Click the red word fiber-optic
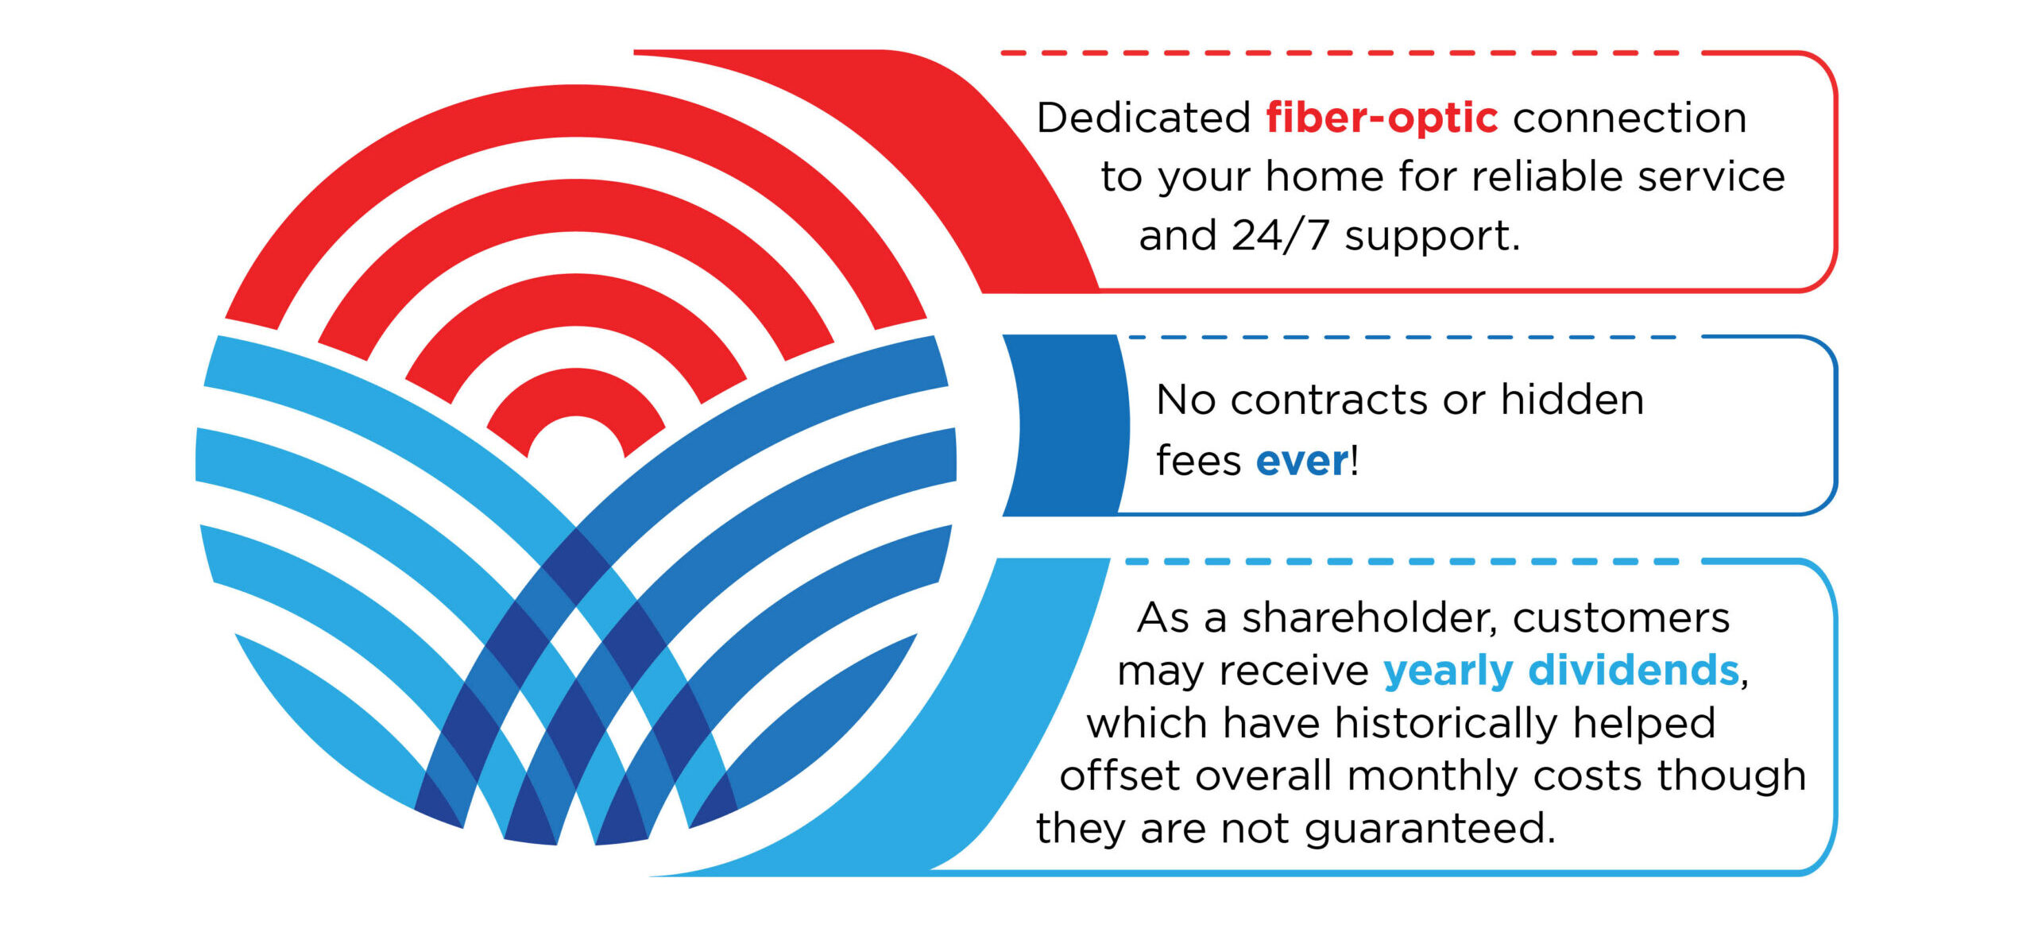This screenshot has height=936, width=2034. [1382, 118]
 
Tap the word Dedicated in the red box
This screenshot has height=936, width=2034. [1144, 118]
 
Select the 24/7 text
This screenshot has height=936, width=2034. [1280, 235]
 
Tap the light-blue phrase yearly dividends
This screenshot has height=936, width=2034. [1561, 671]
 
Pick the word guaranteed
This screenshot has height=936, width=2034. [1429, 830]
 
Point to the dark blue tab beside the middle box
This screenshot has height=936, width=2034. [1065, 425]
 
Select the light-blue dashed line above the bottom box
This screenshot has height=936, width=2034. [1402, 562]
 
